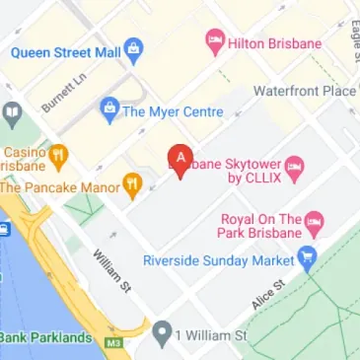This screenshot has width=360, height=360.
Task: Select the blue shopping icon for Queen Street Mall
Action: (134, 45)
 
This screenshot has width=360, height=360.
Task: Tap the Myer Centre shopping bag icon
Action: (108, 108)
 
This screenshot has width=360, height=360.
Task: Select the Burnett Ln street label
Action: (64, 91)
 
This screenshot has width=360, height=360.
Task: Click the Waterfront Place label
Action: (305, 91)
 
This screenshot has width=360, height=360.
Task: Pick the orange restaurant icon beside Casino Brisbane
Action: (59, 155)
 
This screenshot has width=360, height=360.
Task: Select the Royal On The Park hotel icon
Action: (315, 218)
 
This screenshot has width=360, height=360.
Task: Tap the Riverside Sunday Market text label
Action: (219, 260)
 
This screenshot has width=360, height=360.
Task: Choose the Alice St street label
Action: (267, 294)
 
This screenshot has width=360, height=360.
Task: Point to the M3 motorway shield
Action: (115, 338)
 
